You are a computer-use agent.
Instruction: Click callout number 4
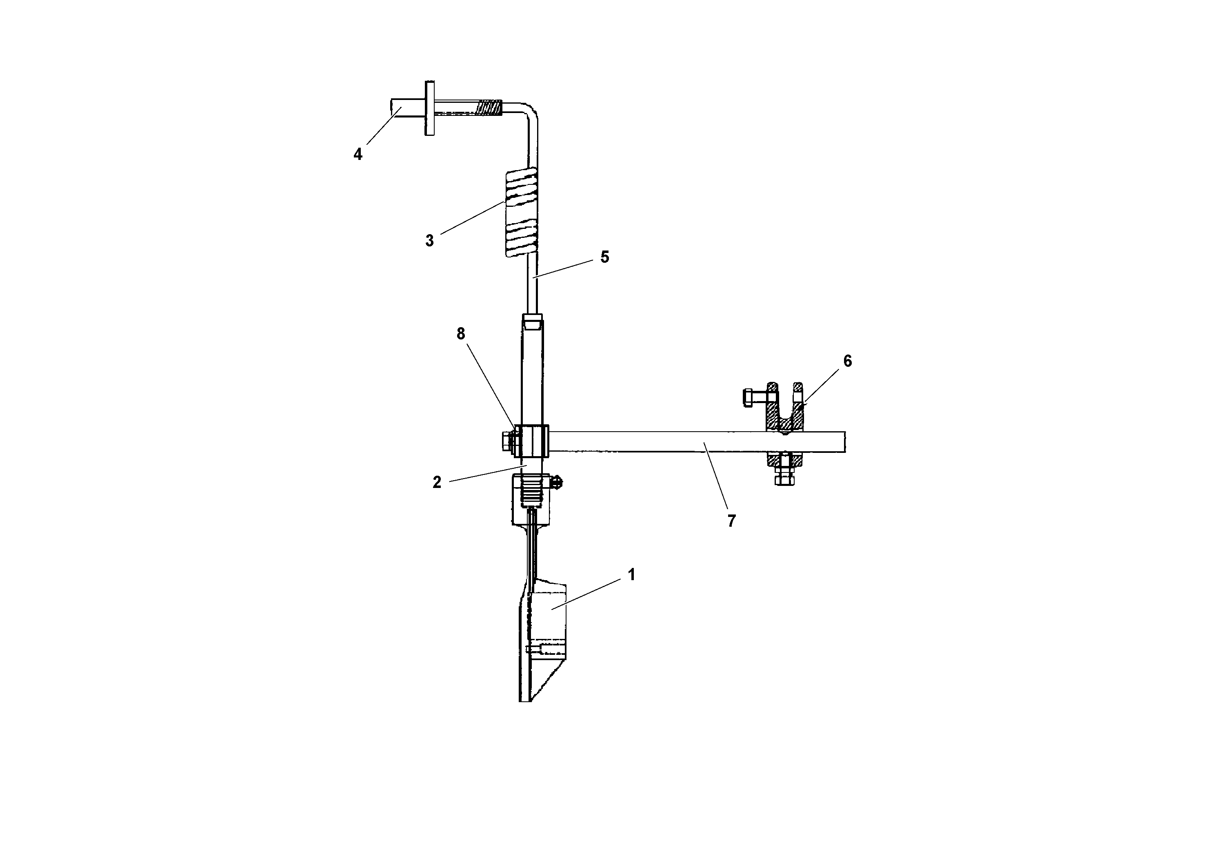[x=358, y=155]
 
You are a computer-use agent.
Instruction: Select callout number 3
[x=429, y=241]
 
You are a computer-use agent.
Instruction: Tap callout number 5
[x=604, y=257]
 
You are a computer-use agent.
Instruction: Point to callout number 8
[x=460, y=334]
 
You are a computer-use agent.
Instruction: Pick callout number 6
[x=847, y=361]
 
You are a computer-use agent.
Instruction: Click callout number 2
[x=437, y=482]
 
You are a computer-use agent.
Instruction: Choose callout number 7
[x=731, y=521]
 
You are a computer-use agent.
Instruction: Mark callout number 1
[x=631, y=575]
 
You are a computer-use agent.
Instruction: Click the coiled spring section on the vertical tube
[x=522, y=212]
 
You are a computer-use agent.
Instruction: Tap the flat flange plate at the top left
[x=429, y=109]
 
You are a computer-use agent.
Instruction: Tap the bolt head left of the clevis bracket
[x=748, y=397]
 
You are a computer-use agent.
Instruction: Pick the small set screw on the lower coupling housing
[x=557, y=482]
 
